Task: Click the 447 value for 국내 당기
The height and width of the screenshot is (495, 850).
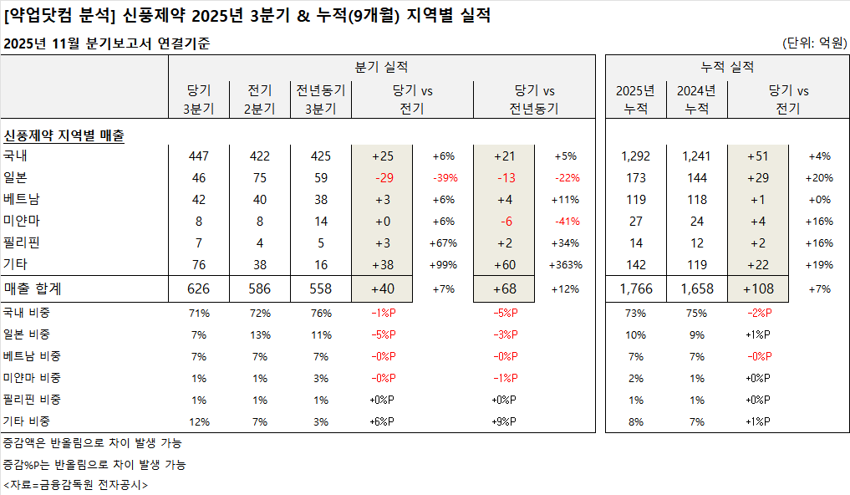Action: pos(199,156)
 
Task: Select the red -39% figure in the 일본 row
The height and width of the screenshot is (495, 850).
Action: pos(444,178)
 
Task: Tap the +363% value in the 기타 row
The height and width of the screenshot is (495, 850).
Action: pos(565,265)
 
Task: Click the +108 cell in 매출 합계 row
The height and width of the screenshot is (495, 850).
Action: pos(758,288)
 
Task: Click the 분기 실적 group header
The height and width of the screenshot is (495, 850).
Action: pos(381,67)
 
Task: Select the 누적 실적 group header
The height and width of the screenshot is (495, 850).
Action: pos(726,67)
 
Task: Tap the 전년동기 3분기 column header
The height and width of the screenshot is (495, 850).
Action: pos(321,100)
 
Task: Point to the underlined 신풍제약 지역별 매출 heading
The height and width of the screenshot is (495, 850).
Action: pos(64,135)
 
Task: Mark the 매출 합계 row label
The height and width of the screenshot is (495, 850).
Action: pos(33,288)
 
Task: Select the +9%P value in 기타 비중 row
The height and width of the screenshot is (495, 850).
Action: pos(504,421)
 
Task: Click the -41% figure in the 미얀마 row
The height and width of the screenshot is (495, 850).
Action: pos(565,222)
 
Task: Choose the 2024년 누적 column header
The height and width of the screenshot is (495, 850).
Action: pos(696,100)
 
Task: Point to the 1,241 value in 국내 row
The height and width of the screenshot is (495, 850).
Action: pos(696,156)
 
